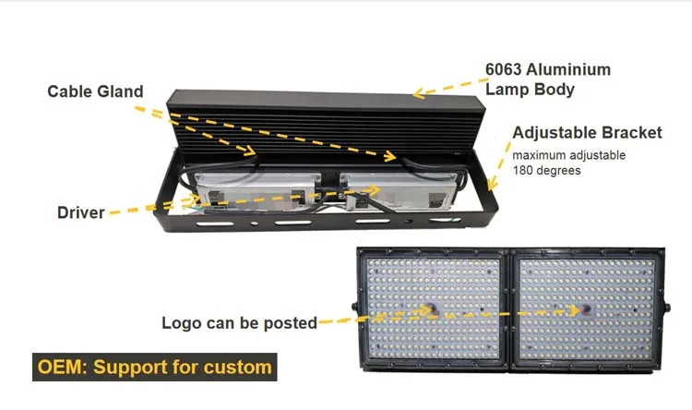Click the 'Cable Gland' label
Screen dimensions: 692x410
click(x=96, y=91)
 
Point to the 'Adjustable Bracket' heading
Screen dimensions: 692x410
click(x=587, y=133)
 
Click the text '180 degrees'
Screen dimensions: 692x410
click(x=547, y=171)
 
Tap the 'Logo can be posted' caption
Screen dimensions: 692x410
click(x=239, y=323)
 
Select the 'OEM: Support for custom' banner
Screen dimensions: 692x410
click(x=154, y=367)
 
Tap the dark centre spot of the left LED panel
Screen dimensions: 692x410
click(x=432, y=307)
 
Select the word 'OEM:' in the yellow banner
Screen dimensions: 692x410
click(x=60, y=367)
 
